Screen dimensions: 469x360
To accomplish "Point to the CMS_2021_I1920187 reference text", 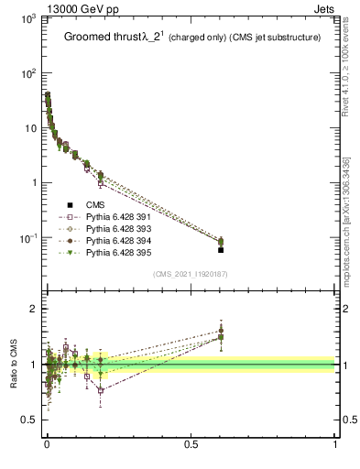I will (x=191, y=274).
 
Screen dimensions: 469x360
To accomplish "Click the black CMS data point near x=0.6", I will (x=221, y=249).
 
